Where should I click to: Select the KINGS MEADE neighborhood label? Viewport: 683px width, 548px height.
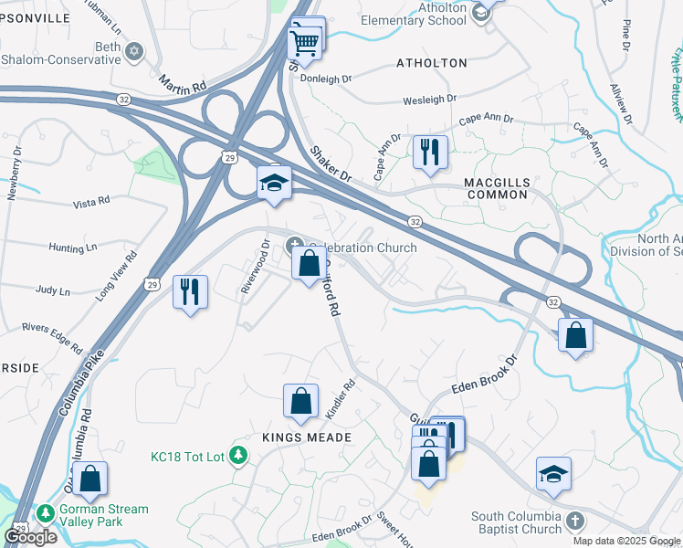click(308, 438)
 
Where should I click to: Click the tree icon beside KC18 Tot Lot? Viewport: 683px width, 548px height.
click(238, 454)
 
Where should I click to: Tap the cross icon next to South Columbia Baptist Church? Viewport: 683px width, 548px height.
click(573, 522)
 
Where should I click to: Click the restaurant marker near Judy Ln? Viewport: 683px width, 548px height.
click(190, 291)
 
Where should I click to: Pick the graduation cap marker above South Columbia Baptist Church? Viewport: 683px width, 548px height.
click(553, 473)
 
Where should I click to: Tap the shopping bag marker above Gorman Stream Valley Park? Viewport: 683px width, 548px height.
click(89, 478)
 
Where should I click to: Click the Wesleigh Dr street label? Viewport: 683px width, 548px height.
click(422, 99)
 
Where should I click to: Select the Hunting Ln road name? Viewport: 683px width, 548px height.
click(73, 248)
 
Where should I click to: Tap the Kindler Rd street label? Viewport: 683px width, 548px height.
click(339, 400)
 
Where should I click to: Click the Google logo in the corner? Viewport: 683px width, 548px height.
click(30, 537)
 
